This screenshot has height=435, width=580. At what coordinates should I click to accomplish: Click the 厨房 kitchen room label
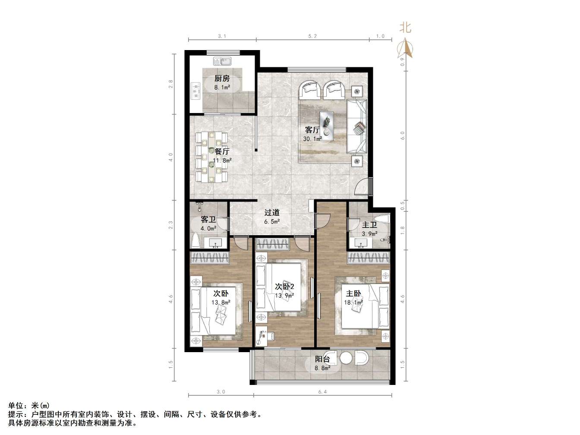pyautogui.click(x=222, y=79)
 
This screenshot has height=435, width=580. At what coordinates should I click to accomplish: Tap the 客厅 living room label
pyautogui.click(x=312, y=130)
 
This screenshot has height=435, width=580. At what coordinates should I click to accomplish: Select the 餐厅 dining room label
pyautogui.click(x=222, y=151)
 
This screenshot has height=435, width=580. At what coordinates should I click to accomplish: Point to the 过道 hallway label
pyautogui.click(x=272, y=212)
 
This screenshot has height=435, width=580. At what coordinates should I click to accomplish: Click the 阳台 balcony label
pyautogui.click(x=322, y=359)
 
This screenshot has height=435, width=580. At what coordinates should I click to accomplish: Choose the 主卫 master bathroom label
pyautogui.click(x=369, y=225)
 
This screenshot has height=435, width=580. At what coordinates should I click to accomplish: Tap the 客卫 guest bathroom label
pyautogui.click(x=208, y=220)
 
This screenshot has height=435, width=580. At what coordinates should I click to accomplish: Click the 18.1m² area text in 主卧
pyautogui.click(x=353, y=303)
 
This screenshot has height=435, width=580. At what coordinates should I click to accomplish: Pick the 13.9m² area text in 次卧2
pyautogui.click(x=284, y=296)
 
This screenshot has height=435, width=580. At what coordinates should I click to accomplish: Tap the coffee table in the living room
pyautogui.click(x=326, y=126)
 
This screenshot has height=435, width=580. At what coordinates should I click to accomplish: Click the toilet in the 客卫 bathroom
pyautogui.click(x=195, y=240)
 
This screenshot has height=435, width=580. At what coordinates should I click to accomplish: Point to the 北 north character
pyautogui.click(x=405, y=28)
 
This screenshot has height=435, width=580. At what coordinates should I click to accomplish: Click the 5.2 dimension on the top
pyautogui.click(x=312, y=36)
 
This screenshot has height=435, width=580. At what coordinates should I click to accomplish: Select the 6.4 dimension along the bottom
pyautogui.click(x=322, y=392)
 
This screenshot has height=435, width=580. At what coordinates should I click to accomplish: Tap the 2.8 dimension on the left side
pyautogui.click(x=171, y=84)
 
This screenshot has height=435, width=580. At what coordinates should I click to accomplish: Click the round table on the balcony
pyautogui.click(x=346, y=358)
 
